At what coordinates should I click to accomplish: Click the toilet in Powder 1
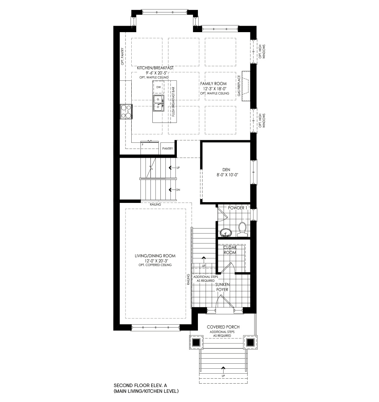coord(242,229)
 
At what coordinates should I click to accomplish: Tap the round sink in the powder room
coord(226,232)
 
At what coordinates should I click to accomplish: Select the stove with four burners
coord(126,111)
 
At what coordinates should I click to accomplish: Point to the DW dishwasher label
coord(158,87)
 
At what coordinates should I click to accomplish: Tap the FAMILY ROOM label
coord(214,83)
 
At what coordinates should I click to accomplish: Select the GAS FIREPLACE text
coord(239,86)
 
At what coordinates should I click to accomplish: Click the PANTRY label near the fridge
coord(167,148)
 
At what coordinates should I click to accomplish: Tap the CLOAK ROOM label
coord(230,250)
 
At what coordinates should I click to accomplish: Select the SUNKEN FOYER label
coord(222,287)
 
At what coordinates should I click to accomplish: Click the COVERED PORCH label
coord(223,327)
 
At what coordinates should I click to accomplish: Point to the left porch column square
coord(196,342)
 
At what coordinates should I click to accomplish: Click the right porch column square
coord(250,342)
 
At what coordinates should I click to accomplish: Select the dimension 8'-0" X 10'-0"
coord(225,175)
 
